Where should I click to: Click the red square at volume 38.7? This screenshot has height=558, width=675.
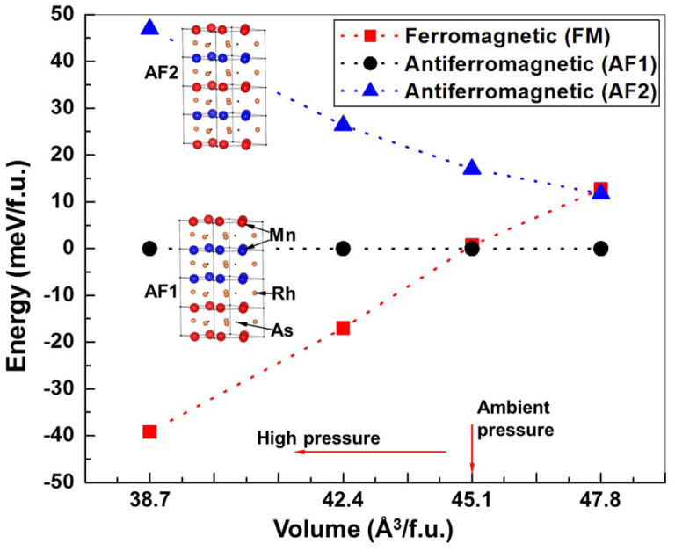(149, 431)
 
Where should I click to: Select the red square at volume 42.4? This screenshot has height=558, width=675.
(343, 328)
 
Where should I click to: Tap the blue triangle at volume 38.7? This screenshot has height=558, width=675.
(149, 28)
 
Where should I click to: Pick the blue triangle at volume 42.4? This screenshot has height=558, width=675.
(343, 124)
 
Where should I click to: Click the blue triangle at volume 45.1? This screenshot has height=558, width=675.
(472, 167)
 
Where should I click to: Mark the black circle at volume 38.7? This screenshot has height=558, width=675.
(149, 249)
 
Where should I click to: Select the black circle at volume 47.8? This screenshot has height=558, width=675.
(600, 249)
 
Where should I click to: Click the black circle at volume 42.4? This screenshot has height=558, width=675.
(343, 249)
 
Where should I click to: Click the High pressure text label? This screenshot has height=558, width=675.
(318, 437)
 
